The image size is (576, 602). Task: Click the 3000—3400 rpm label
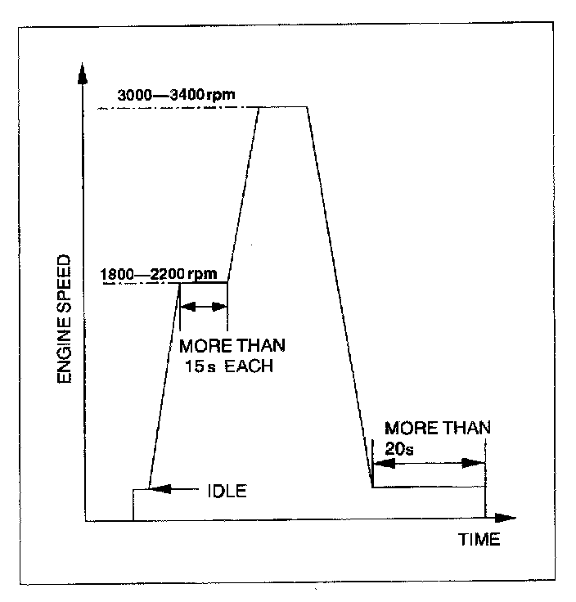click(x=177, y=95)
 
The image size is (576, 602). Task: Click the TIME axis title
click(x=478, y=540)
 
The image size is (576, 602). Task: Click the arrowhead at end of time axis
click(x=507, y=519)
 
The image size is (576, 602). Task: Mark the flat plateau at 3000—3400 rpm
click(x=283, y=106)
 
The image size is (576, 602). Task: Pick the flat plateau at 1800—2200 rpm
click(x=203, y=282)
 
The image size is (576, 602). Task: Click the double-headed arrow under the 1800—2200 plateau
click(x=203, y=307)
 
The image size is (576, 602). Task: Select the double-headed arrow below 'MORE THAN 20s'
click(x=429, y=462)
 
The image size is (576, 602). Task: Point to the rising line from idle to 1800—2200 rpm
click(x=164, y=384)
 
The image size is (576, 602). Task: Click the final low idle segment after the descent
click(x=427, y=487)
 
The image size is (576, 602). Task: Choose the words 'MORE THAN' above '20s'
click(x=437, y=428)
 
